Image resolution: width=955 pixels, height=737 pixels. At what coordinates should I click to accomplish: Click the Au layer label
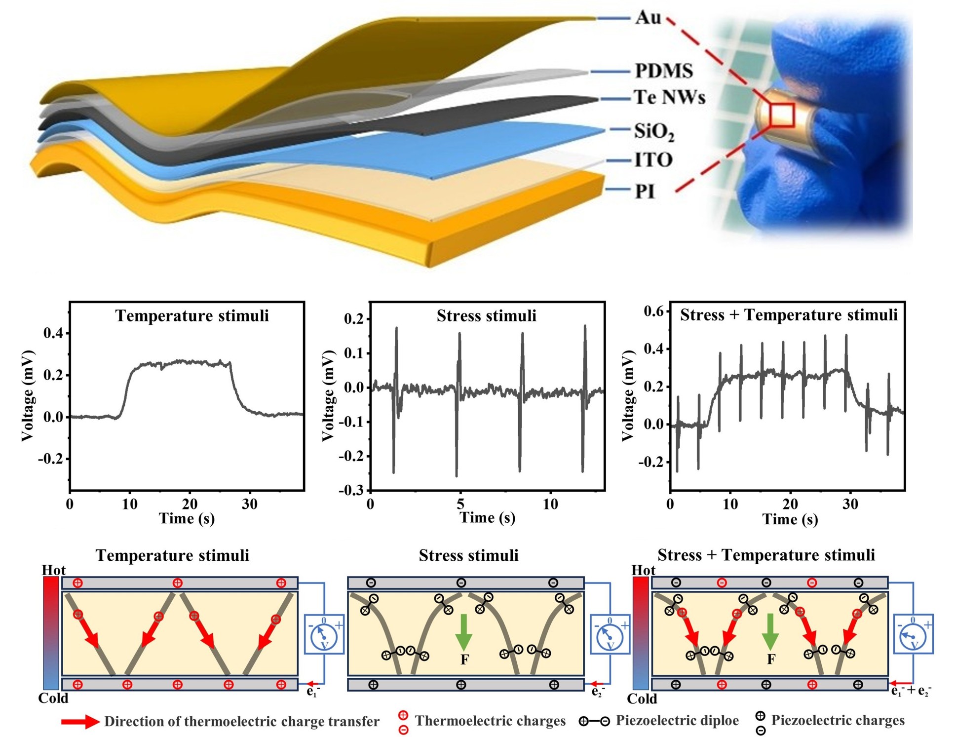(648, 18)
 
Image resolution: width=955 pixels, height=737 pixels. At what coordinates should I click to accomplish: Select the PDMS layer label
(663, 71)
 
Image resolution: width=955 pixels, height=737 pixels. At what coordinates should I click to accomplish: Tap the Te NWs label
(669, 98)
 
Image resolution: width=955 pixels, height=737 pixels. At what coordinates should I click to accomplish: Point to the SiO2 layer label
(654, 131)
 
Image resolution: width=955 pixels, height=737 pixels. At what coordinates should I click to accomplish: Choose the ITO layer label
(653, 160)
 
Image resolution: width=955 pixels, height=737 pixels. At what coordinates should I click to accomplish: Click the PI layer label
(645, 191)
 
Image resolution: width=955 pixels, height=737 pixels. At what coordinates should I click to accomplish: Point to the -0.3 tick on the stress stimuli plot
(351, 490)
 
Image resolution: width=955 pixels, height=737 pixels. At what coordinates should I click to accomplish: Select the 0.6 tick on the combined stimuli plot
(654, 311)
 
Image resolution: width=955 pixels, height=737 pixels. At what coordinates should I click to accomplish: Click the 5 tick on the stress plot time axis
(460, 504)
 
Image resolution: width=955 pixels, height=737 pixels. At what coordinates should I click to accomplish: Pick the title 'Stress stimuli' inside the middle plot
(486, 316)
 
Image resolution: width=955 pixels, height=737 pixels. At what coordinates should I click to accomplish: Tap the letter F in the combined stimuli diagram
(771, 659)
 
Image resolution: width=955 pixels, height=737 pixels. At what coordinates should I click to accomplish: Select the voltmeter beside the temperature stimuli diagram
(324, 635)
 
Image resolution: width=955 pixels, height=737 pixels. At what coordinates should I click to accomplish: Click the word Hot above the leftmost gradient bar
(53, 570)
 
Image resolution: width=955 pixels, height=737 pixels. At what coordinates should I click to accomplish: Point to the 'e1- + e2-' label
(911, 691)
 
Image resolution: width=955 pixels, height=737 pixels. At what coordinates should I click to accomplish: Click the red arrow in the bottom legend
(80, 722)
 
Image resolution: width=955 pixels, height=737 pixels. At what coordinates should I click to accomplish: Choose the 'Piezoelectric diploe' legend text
(677, 721)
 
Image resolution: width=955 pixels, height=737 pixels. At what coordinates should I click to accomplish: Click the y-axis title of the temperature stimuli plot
(28, 395)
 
